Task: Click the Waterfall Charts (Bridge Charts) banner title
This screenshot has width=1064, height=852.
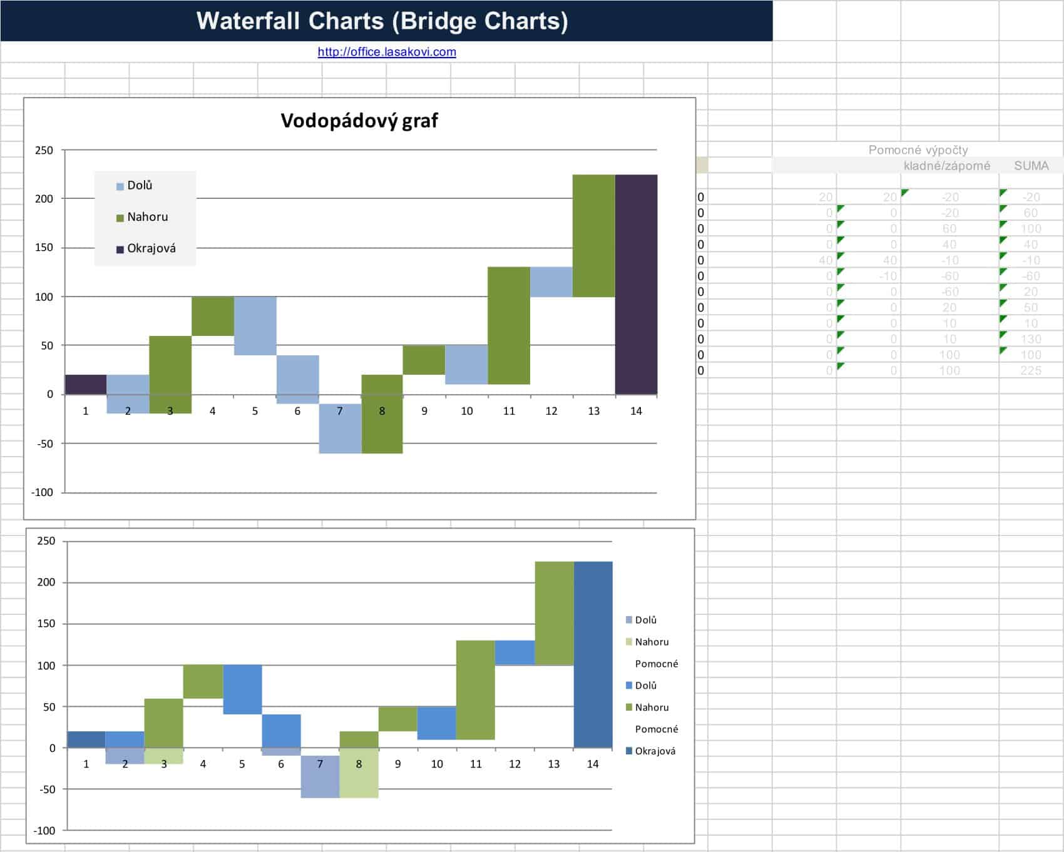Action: [x=382, y=21]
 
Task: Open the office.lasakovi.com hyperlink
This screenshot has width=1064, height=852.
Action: [x=387, y=52]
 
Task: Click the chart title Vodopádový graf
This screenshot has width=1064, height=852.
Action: [x=359, y=120]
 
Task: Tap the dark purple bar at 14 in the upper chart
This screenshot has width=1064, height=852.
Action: [x=636, y=285]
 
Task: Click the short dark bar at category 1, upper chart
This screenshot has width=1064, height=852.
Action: [x=86, y=384]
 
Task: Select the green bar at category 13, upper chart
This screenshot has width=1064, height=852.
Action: [x=593, y=236]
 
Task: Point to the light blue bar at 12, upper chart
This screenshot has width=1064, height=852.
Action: [x=551, y=282]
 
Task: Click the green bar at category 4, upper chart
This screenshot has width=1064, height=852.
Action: [x=213, y=316]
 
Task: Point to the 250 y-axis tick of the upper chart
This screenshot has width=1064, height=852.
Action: [x=44, y=150]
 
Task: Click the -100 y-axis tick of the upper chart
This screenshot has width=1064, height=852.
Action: [x=42, y=492]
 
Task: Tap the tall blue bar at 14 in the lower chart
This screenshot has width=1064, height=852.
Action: [x=593, y=654]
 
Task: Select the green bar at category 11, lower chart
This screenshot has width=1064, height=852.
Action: [x=476, y=690]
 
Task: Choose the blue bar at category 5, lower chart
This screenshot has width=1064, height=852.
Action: [x=242, y=689]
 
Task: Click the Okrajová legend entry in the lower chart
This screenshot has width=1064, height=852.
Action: [x=655, y=751]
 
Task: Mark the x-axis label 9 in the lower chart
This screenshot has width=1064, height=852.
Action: [x=398, y=764]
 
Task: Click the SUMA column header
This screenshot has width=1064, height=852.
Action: [x=1031, y=166]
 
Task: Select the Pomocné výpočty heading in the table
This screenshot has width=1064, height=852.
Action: [x=918, y=150]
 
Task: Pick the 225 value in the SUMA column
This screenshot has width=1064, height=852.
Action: [x=1030, y=370]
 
